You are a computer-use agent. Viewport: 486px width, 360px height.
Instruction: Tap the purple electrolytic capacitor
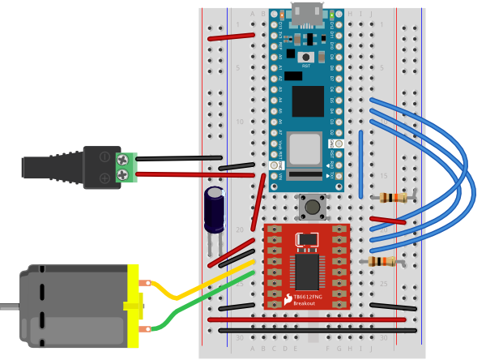(215, 208)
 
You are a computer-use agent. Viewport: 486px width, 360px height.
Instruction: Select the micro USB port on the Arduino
(306, 14)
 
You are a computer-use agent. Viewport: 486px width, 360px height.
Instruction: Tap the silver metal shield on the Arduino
(305, 149)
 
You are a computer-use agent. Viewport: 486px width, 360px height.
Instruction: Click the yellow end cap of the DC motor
(134, 306)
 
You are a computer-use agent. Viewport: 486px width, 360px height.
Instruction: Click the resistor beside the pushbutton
(394, 197)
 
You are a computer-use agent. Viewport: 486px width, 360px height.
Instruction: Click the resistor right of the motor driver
(382, 261)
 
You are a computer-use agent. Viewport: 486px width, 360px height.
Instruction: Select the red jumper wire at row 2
(230, 36)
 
